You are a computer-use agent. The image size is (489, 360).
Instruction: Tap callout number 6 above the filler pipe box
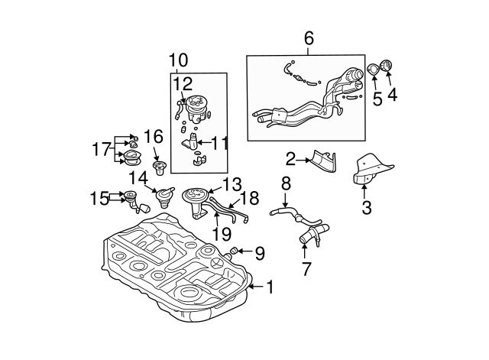(309, 37)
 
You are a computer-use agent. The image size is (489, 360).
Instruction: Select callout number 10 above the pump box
(178, 60)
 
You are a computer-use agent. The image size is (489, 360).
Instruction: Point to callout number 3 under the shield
(366, 206)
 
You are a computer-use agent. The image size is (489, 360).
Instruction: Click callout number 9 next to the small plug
(259, 251)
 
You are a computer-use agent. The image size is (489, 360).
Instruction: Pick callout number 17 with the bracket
(101, 149)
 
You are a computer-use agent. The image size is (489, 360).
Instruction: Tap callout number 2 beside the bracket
(290, 159)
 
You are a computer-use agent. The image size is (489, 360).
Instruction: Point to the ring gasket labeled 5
(374, 70)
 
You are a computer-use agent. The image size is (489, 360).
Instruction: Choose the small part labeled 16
(159, 167)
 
